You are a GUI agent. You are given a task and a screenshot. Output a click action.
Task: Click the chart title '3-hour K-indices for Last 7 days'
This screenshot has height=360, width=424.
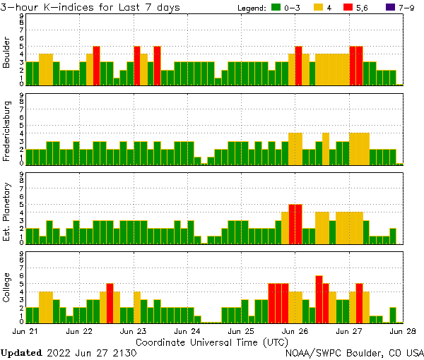[x=90, y=7]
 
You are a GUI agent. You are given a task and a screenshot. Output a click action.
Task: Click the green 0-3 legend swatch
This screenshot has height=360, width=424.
[x=276, y=8]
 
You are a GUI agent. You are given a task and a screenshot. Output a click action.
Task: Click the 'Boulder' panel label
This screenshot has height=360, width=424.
[x=7, y=52]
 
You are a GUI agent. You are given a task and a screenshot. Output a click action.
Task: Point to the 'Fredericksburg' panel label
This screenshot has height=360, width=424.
[x=7, y=132]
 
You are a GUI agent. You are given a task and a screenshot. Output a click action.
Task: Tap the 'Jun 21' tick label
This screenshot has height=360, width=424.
[x=26, y=330]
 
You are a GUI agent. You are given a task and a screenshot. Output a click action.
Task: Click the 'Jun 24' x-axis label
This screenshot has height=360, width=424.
[x=187, y=330]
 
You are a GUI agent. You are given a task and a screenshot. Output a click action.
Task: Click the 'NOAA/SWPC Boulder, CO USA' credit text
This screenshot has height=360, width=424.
[x=355, y=352]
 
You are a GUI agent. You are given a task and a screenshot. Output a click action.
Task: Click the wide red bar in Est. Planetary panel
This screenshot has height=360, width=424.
[x=295, y=224]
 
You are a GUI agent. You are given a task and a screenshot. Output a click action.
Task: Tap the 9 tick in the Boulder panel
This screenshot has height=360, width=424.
[x=20, y=16]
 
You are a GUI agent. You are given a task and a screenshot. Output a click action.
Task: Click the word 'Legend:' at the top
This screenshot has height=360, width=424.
[x=250, y=8]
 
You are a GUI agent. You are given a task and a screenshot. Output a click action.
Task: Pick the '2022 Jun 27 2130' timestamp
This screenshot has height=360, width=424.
[x=91, y=352]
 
